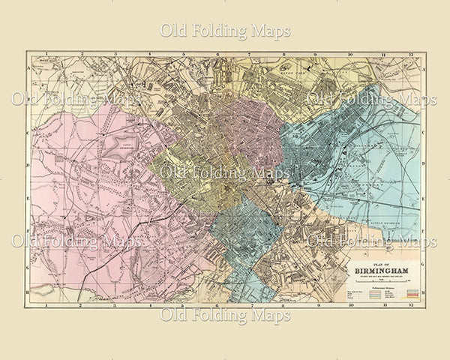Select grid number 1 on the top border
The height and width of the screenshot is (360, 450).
pos(46,54)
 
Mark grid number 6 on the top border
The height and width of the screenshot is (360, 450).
pos(218,54)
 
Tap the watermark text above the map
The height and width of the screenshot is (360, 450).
pos(225,31)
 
